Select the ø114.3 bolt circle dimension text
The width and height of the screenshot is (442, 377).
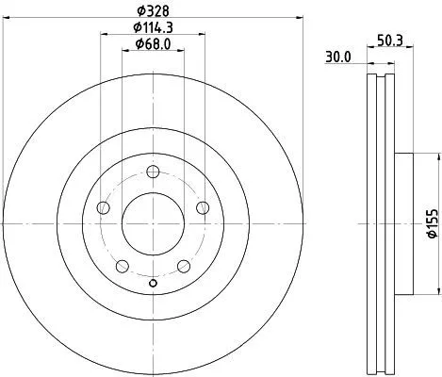point(152,28)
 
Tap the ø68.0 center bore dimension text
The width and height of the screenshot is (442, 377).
point(152,44)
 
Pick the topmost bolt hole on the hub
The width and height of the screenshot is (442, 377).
point(153,172)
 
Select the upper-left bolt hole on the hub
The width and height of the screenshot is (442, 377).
point(104,207)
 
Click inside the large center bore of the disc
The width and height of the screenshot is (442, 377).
point(153,223)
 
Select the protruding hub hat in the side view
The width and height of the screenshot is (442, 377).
point(401,223)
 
